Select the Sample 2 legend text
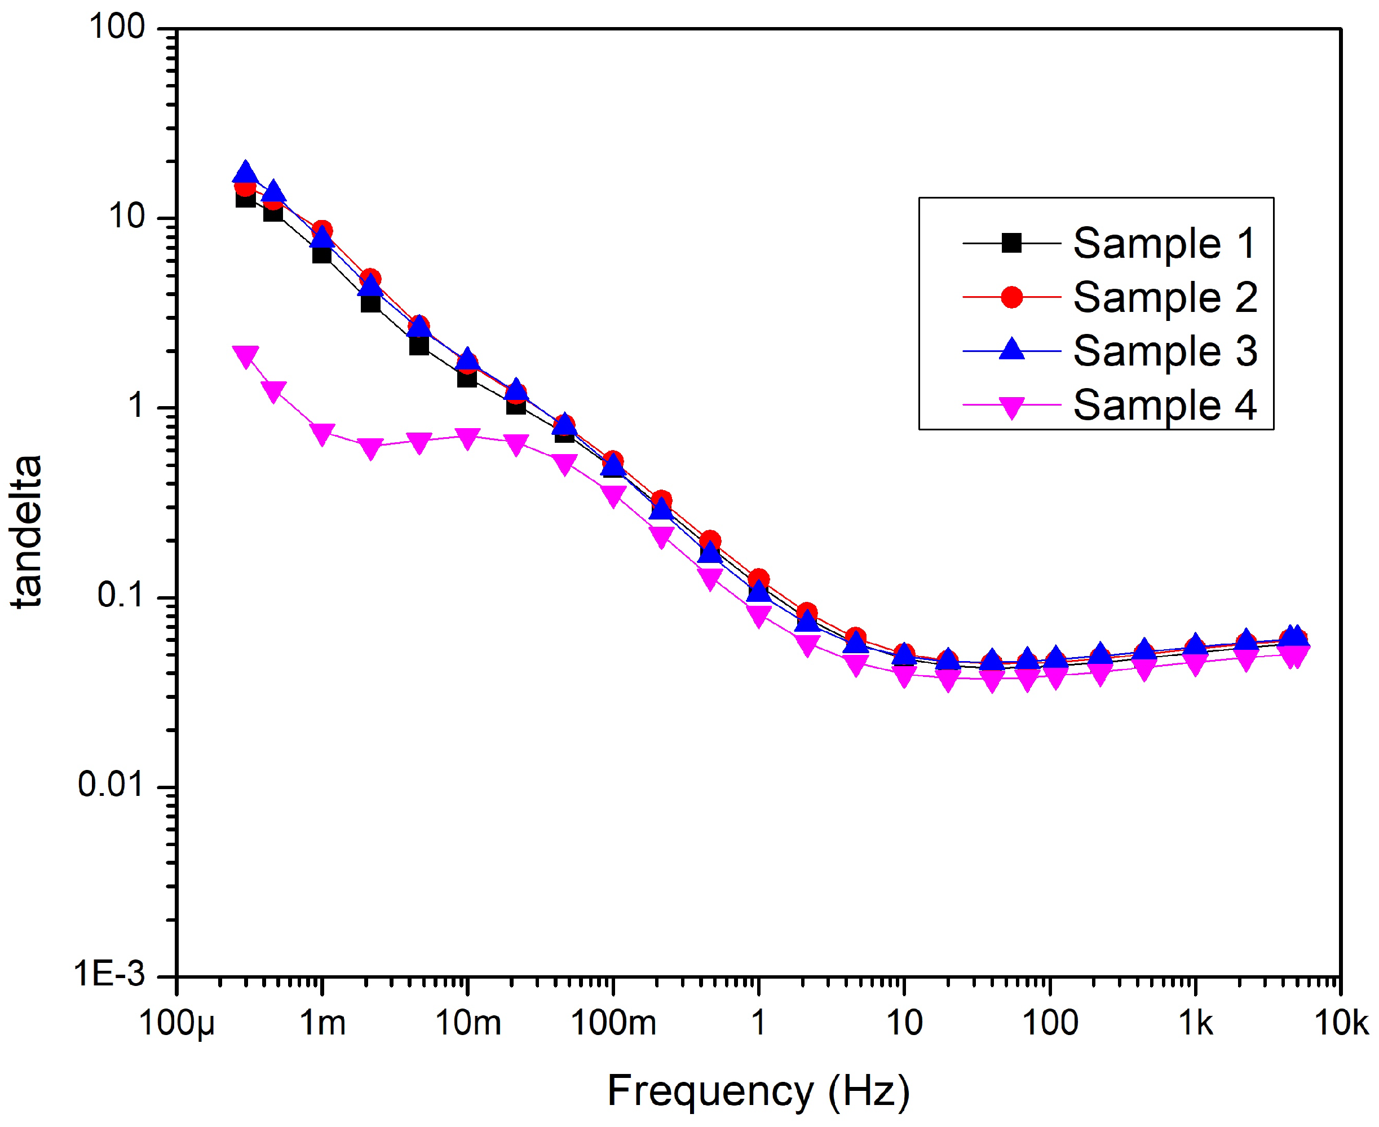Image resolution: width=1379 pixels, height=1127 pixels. click(x=1165, y=297)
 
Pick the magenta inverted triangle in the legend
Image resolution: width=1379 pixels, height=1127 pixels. click(x=1011, y=408)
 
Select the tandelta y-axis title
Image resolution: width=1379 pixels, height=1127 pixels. click(x=27, y=531)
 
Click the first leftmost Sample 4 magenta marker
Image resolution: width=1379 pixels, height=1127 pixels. click(x=245, y=356)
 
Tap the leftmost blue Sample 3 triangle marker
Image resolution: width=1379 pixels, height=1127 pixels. click(x=245, y=173)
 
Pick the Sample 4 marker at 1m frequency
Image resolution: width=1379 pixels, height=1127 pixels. click(x=322, y=434)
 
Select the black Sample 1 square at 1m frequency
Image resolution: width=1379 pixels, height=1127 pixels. click(x=322, y=254)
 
